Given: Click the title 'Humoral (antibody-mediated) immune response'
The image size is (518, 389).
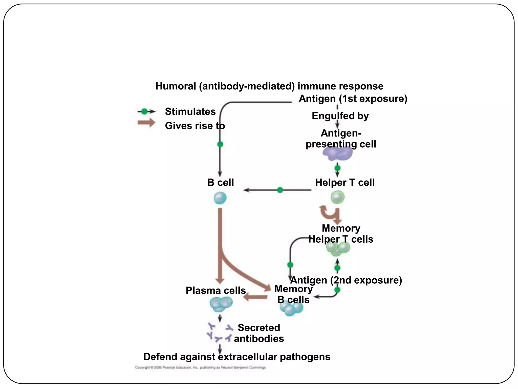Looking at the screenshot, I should (269, 86).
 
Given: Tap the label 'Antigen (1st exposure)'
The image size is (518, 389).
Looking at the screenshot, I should (353, 99).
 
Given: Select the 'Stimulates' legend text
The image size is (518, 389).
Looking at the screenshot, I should (190, 112).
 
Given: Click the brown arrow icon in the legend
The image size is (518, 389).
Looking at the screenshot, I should (146, 123).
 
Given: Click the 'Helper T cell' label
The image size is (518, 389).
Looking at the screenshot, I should (345, 183).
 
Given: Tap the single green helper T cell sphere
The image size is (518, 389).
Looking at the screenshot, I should (338, 198).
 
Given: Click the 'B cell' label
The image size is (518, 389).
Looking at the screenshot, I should (221, 183).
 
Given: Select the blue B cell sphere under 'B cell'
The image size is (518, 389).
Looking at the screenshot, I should (220, 198).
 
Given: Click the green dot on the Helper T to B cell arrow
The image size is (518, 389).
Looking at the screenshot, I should (280, 190).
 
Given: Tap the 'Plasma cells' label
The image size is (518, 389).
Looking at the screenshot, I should (215, 290).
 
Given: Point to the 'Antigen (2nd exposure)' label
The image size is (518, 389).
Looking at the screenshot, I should (346, 280).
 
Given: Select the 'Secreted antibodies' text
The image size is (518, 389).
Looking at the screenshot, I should (259, 333).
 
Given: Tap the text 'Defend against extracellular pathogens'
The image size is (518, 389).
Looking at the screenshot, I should (237, 357).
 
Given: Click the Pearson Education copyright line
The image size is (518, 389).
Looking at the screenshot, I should (200, 367).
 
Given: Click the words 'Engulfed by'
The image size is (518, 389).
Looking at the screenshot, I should (340, 116).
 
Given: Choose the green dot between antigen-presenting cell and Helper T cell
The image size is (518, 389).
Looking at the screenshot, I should (337, 168).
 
